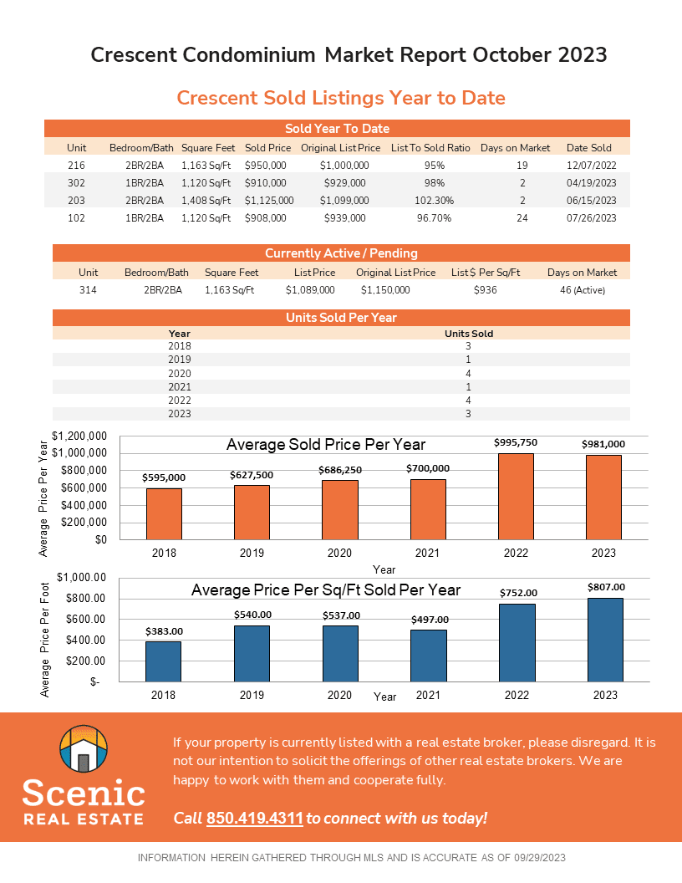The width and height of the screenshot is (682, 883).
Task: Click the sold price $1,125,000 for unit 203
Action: pos(269,200)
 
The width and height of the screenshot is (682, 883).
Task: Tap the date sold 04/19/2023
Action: pos(591,182)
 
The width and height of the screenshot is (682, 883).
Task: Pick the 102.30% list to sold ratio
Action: pos(434,200)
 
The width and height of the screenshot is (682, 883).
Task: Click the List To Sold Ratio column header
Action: pos(430,148)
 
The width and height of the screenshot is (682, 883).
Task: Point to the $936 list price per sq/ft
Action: pos(485,290)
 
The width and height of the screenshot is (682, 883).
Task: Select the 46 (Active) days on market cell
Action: pos(582,290)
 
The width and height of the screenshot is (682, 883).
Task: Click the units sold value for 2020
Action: pos(469,374)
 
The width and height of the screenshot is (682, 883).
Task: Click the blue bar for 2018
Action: pos(164,661)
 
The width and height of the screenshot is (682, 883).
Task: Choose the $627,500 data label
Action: pos(252,475)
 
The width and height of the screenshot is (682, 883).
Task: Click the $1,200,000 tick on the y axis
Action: pos(79,436)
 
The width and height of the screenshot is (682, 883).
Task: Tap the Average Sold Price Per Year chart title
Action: pos(325,445)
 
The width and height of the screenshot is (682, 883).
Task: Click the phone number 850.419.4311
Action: pos(254,818)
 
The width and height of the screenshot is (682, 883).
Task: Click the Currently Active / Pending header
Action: pos(341,253)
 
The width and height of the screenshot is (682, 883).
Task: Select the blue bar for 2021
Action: pos(428,656)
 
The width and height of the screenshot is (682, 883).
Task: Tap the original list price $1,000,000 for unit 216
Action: pos(344,166)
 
